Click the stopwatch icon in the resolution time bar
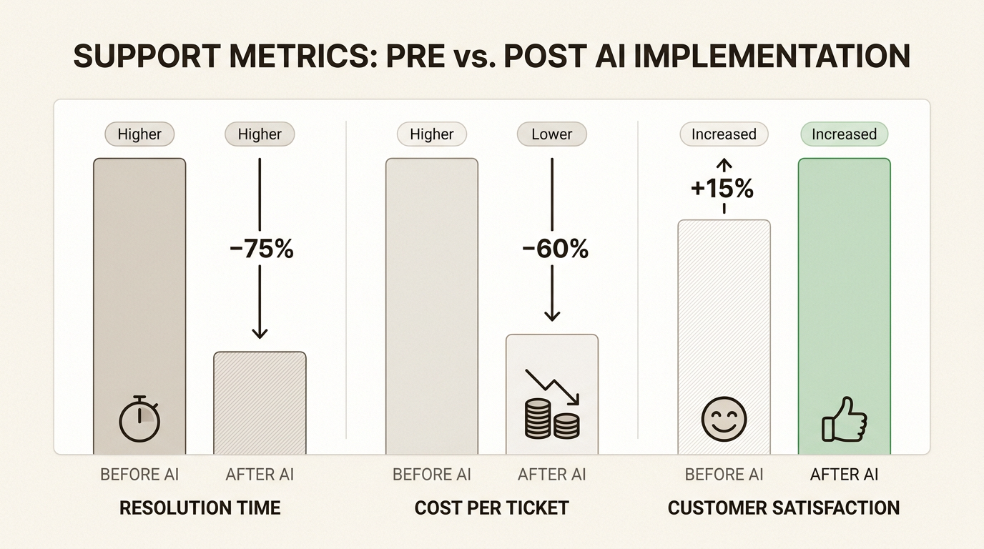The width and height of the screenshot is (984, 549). click(x=139, y=419)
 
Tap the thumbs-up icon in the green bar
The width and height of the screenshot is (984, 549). click(x=844, y=420)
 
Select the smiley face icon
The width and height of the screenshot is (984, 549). click(x=724, y=419)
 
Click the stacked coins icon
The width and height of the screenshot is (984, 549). click(x=552, y=419)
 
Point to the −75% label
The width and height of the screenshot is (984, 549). click(x=262, y=249)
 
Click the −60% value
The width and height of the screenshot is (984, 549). click(x=555, y=249)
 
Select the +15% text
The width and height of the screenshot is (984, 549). click(x=722, y=189)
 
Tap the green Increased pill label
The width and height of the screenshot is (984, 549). click(x=844, y=134)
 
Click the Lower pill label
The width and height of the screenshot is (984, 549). click(x=552, y=134)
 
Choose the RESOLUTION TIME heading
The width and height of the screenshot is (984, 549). click(x=200, y=508)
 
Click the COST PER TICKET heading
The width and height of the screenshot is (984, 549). click(x=491, y=508)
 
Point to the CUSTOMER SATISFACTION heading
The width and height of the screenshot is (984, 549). click(x=784, y=508)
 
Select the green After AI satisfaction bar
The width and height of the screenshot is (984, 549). click(x=845, y=306)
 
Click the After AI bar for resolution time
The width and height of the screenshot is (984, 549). click(x=260, y=402)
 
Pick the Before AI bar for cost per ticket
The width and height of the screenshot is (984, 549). click(x=432, y=306)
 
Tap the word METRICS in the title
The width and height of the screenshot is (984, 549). click(x=303, y=56)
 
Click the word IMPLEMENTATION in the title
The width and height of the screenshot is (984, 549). click(x=772, y=56)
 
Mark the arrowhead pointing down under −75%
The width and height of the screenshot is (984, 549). click(x=260, y=333)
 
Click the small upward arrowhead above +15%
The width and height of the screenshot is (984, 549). click(x=724, y=164)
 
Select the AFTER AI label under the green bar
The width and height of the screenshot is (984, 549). click(x=844, y=475)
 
